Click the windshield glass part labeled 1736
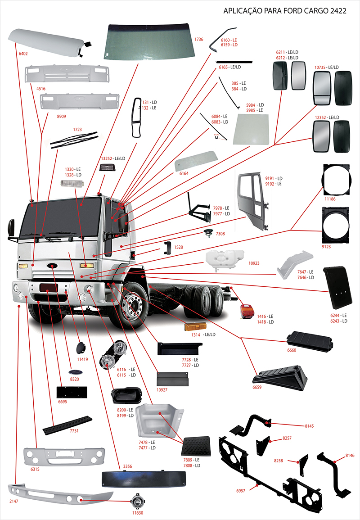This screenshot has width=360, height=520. pos(148,41)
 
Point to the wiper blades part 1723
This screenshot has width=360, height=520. pos(74,139)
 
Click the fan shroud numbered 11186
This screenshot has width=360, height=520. pos(336,179)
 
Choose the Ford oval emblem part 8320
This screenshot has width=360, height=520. pos(74,373)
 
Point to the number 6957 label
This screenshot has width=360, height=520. pos(241,490)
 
